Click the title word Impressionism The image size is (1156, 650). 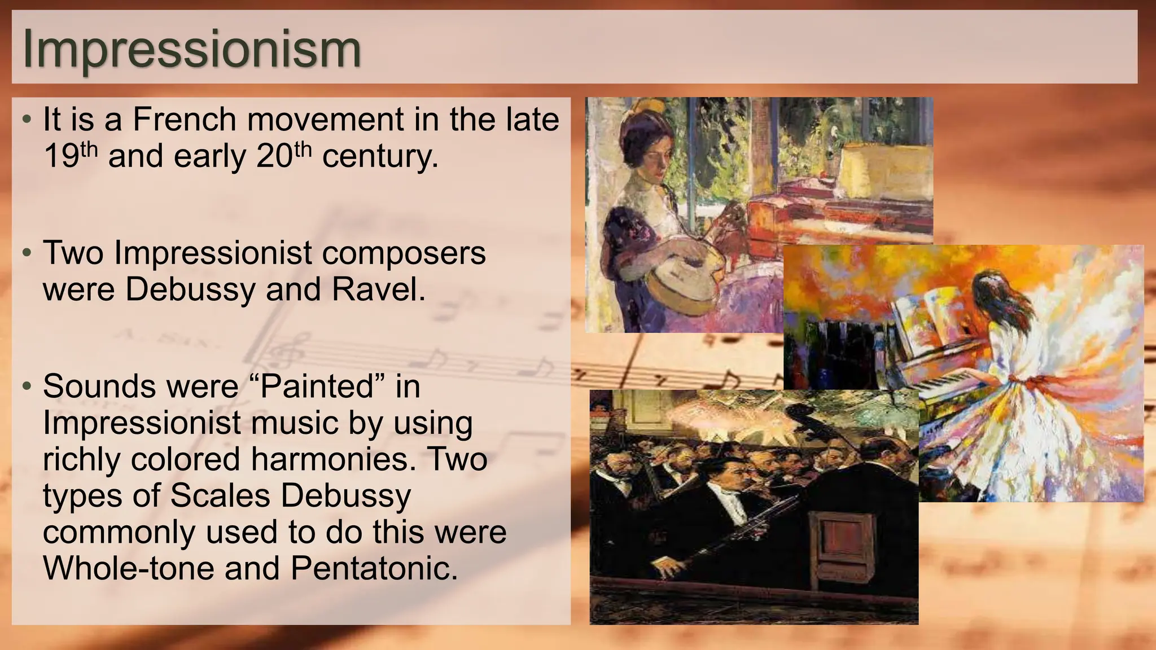tap(191, 49)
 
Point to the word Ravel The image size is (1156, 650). tap(378, 289)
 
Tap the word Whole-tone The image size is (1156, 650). tap(129, 568)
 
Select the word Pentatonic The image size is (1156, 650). tap(374, 568)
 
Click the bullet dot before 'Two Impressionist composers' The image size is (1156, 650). tap(27, 253)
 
